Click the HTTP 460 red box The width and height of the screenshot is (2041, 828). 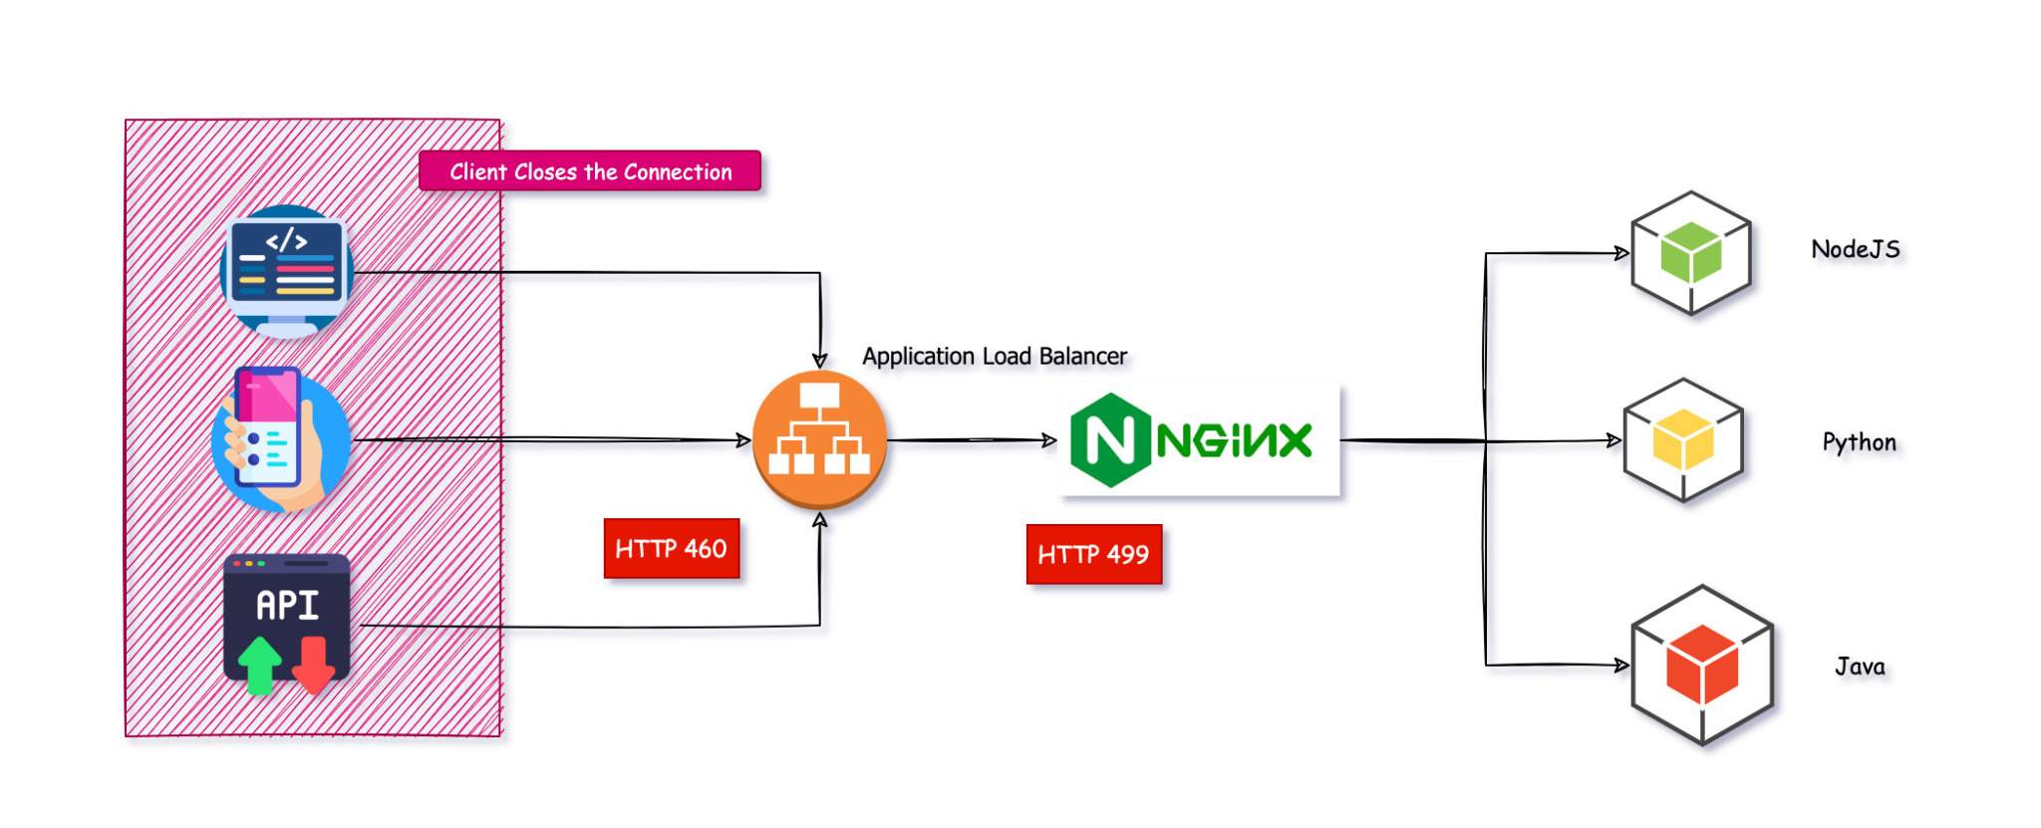tap(671, 548)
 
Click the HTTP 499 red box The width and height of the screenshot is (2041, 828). tap(1093, 554)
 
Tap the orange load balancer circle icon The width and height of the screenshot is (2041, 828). tap(819, 439)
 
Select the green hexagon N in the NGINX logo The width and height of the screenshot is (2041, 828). tap(1109, 439)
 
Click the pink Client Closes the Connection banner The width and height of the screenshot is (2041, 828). tap(590, 171)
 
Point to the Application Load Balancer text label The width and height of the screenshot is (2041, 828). tap(994, 357)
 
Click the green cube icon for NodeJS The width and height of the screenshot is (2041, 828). tap(1691, 253)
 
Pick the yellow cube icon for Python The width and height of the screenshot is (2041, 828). tap(1683, 440)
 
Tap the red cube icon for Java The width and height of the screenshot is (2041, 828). tap(1702, 665)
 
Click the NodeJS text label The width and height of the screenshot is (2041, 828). tap(1855, 249)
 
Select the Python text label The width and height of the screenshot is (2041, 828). tap(1859, 442)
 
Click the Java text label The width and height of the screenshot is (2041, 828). tap(1860, 667)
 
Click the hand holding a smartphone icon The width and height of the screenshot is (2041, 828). tap(280, 439)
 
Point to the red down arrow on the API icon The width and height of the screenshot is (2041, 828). tap(314, 666)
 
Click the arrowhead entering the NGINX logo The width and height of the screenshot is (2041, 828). tap(1049, 439)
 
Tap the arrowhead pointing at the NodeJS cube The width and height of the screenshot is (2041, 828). tap(1621, 253)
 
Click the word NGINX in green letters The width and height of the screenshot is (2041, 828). tap(1234, 440)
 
